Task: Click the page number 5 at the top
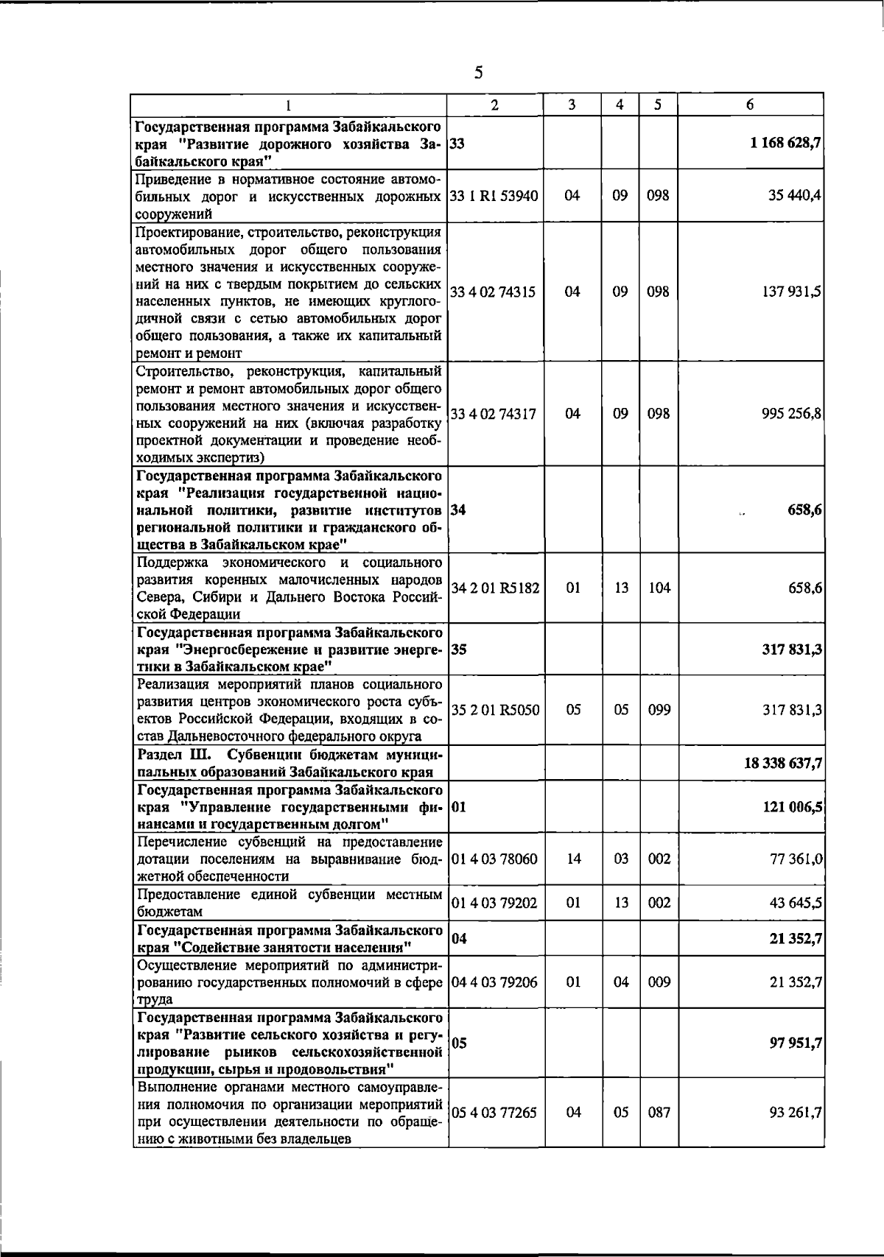point(479,72)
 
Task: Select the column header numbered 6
point(749,105)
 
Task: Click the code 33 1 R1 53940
point(494,196)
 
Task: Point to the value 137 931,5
point(792,292)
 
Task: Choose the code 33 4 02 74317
point(493,414)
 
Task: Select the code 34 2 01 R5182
point(494,588)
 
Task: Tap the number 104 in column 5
point(659,588)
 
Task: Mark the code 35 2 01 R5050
point(494,711)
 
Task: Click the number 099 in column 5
point(659,711)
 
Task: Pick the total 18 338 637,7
point(783,764)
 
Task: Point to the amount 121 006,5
point(792,807)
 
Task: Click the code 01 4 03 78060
point(494,859)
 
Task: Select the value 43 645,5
point(796,903)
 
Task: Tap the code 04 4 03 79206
point(494,982)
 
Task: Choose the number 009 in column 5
point(659,982)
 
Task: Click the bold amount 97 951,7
point(796,1043)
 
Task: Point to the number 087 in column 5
point(659,1113)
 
